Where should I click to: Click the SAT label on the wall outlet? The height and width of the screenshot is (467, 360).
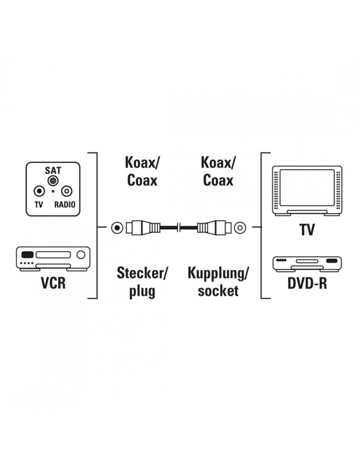coord(53,170)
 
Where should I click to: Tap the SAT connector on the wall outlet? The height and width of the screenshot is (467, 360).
coord(53,180)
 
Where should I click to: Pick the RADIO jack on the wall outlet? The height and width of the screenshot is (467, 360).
coord(67,191)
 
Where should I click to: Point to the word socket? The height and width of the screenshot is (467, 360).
coord(218,291)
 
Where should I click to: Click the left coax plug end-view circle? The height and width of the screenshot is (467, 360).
coord(117,228)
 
